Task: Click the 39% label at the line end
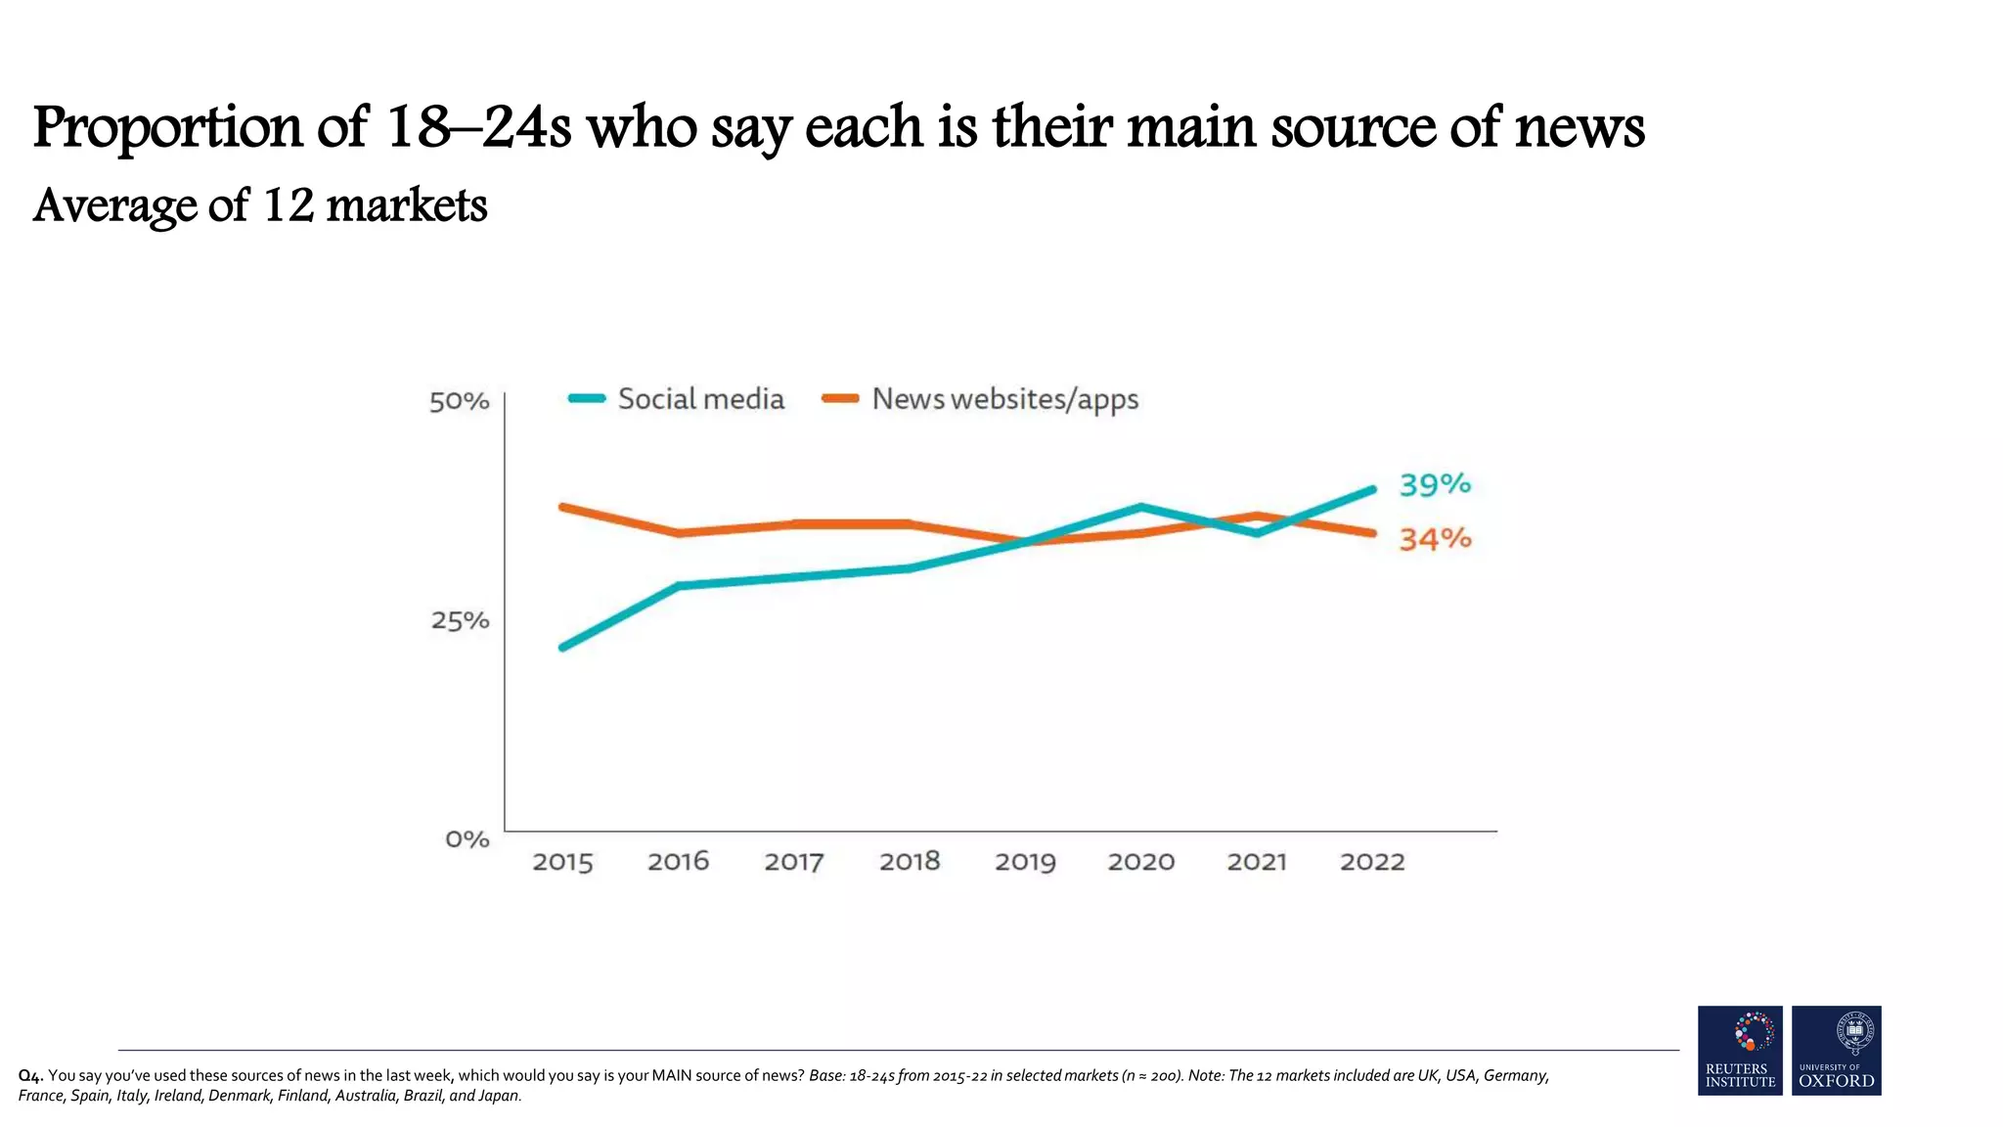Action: click(1435, 484)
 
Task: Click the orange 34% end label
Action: click(1435, 539)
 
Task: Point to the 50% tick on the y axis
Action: click(459, 401)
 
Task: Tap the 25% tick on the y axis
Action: click(460, 620)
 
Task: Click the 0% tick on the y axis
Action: click(467, 839)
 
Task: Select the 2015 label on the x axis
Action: click(562, 862)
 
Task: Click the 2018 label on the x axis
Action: click(910, 862)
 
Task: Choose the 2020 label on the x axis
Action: click(1140, 862)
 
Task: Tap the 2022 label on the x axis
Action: click(1371, 862)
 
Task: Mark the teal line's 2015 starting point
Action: click(563, 647)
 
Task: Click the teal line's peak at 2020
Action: click(1140, 507)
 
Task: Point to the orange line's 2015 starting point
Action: click(563, 507)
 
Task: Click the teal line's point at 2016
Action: click(679, 586)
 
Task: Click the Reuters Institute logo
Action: click(1740, 1050)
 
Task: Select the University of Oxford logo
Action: click(1836, 1050)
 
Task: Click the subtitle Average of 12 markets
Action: click(260, 205)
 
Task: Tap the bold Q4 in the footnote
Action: click(30, 1076)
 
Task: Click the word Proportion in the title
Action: click(167, 127)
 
